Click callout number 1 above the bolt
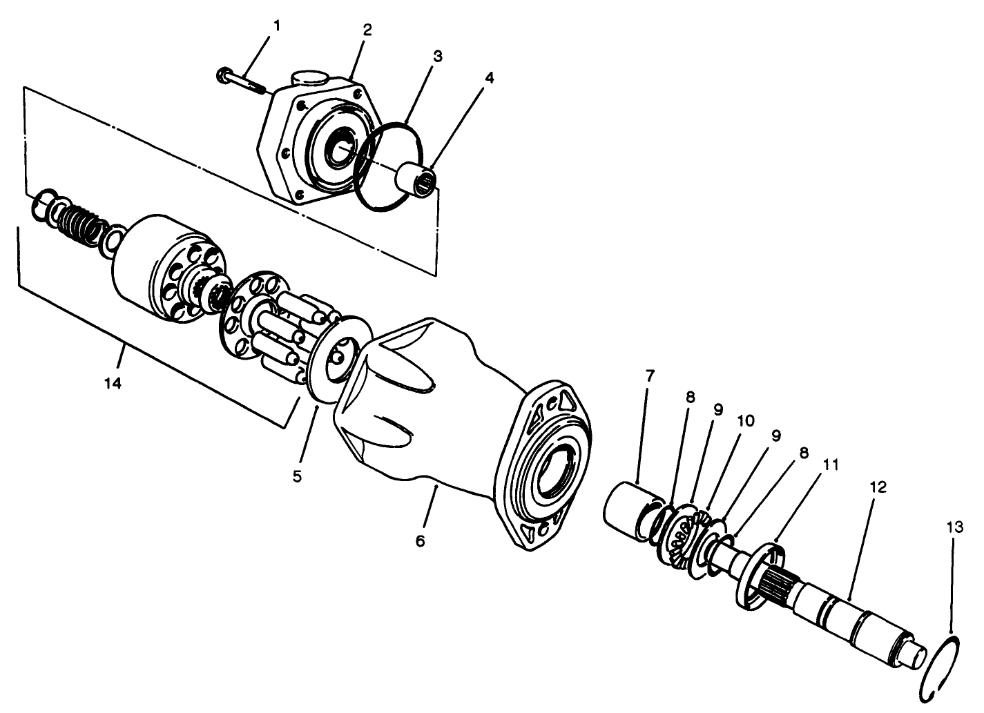pos(276,26)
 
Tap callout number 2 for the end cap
pos(367,30)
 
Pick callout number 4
pos(489,78)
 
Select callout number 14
pos(113,383)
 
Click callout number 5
pos(297,476)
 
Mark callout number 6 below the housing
pos(420,540)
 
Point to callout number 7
pos(649,376)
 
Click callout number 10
pos(745,420)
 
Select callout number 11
pos(830,465)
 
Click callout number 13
pos(954,528)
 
